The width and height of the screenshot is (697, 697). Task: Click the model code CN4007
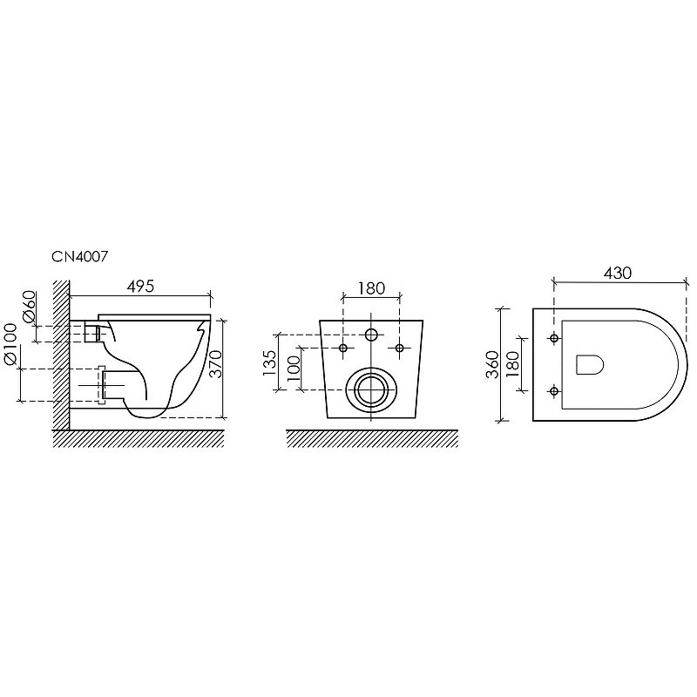[80, 256]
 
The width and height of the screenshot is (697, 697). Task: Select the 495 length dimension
[140, 287]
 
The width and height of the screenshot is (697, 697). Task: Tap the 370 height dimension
[215, 364]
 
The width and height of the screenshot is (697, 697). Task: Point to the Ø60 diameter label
[29, 307]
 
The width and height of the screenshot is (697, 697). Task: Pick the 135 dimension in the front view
[269, 362]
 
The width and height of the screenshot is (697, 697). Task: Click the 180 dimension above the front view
[371, 288]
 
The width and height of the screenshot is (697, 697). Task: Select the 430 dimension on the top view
[618, 273]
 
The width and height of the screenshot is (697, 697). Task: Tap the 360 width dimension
[492, 364]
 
